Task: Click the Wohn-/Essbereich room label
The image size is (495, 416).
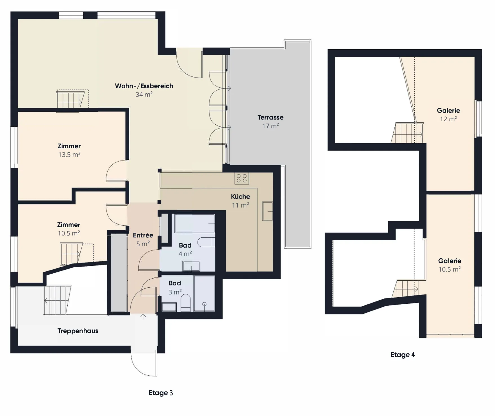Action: tap(144, 86)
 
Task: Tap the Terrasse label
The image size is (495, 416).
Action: tap(270, 117)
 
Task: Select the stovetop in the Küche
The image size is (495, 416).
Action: tap(242, 178)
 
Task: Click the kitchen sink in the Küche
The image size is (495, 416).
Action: tap(267, 211)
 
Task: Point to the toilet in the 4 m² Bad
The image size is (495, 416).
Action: tap(206, 242)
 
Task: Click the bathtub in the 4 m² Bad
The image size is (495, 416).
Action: tap(195, 223)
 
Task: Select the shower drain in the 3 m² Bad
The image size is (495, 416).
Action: tap(204, 304)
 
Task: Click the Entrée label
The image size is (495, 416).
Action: tap(143, 235)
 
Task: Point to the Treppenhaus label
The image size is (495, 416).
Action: tap(78, 331)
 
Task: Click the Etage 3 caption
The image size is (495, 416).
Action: tap(161, 393)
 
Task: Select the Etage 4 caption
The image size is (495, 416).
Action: tap(403, 355)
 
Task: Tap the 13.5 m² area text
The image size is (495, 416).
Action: tap(69, 155)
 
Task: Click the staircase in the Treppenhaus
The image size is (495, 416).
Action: tap(57, 300)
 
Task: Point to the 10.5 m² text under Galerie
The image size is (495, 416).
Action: tap(450, 269)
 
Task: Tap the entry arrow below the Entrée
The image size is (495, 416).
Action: tap(143, 316)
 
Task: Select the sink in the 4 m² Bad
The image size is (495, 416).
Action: tap(191, 266)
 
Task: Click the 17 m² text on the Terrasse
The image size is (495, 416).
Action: tap(270, 126)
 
